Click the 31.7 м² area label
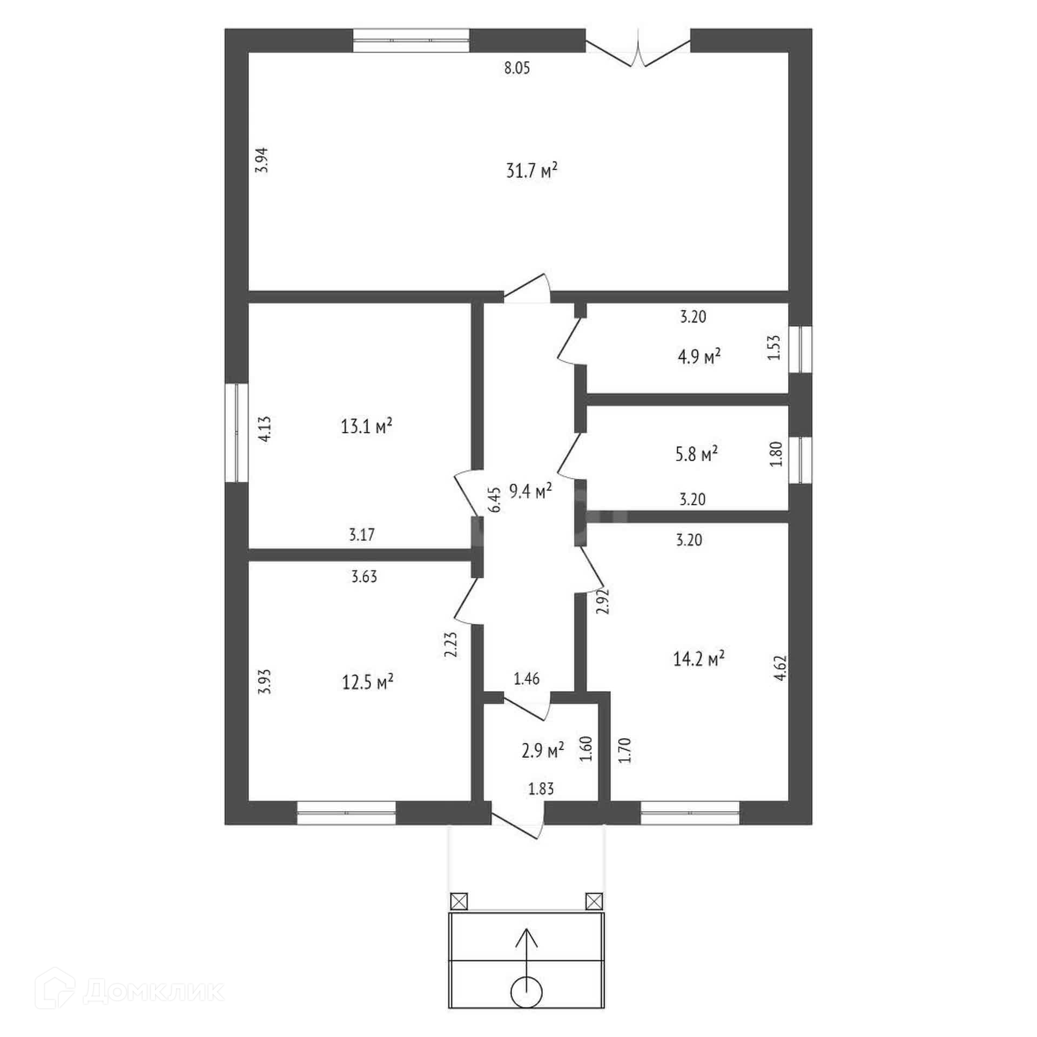tap(531, 171)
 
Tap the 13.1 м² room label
tap(366, 427)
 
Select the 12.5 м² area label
tap(367, 682)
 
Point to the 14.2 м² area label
tap(698, 658)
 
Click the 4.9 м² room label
tap(699, 356)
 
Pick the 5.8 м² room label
tap(696, 454)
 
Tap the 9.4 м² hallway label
tap(530, 491)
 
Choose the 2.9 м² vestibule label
tap(543, 750)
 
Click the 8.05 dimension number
tap(517, 68)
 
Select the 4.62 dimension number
tap(780, 668)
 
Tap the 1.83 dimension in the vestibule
tap(541, 789)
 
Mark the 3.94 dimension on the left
tap(262, 160)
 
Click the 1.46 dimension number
tap(527, 679)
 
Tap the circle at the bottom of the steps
tap(526, 992)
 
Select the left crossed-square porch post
tap(459, 901)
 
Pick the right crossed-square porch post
tap(594, 901)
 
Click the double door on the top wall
tap(638, 52)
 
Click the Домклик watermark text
tap(153, 991)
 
